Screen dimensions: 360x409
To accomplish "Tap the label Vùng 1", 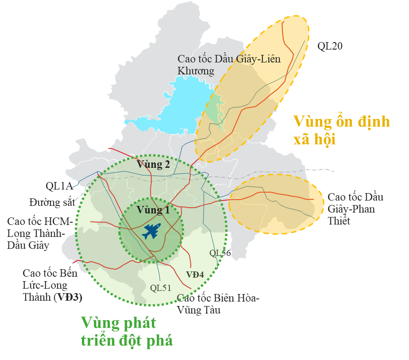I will (153, 210).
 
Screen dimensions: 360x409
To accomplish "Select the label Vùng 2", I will (153, 165).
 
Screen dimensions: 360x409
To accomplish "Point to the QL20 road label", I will (330, 46).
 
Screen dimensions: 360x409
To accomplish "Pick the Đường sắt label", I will (52, 203).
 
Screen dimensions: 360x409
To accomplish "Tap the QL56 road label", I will (220, 253).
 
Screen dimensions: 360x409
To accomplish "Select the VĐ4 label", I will (195, 275).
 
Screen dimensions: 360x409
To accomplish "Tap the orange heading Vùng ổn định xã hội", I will (341, 130).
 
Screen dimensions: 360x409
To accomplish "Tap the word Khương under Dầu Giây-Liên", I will (196, 71).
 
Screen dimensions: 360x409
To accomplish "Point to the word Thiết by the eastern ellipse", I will (339, 221).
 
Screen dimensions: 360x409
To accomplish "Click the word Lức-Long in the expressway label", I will (45, 285).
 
